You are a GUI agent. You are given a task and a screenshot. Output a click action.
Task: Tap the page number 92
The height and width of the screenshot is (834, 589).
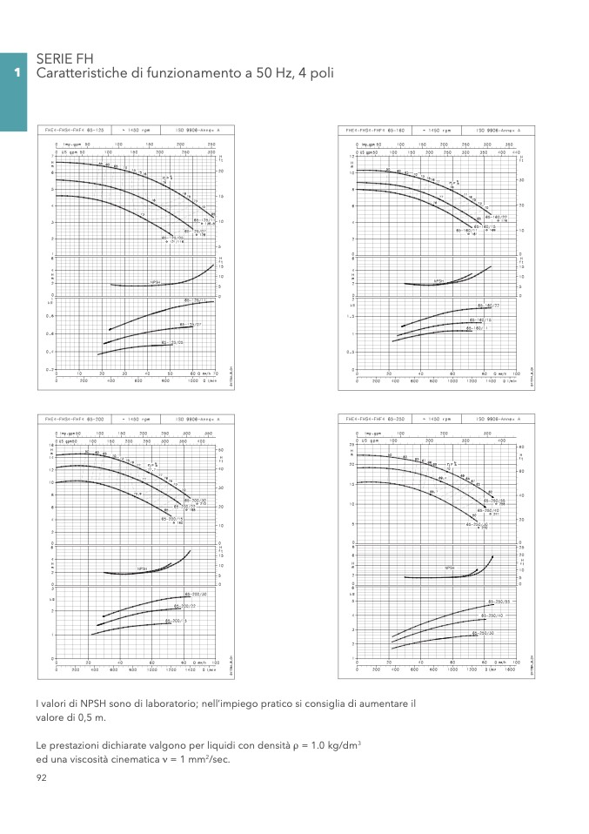coord(41,778)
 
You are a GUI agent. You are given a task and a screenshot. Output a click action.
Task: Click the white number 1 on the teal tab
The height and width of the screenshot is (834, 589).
coord(15,73)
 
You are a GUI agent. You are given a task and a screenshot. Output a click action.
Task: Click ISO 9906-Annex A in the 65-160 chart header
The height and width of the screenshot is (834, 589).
coord(499,130)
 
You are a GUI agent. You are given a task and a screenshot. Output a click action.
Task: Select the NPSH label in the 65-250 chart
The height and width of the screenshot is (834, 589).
coord(450,568)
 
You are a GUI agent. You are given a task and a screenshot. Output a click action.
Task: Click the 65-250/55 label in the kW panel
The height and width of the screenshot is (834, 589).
coord(498,602)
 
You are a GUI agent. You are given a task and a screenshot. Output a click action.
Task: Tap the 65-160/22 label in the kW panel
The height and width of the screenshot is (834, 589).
coord(488,306)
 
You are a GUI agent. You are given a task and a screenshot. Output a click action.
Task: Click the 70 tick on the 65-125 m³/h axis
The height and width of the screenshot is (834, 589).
coord(213,373)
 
